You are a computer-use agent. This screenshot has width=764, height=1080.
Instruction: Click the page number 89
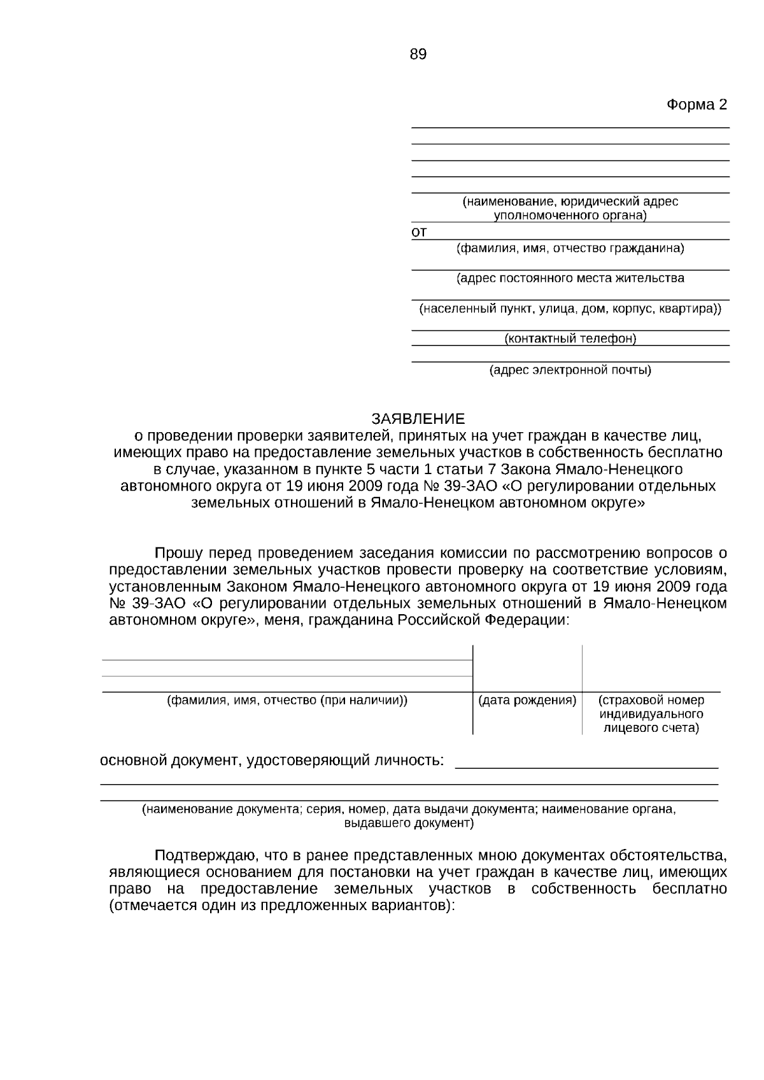tap(418, 55)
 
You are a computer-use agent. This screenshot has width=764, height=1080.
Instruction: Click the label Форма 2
tap(697, 104)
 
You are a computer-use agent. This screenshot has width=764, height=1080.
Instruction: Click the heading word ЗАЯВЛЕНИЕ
tap(418, 419)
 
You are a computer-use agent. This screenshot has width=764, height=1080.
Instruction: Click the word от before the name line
tap(419, 232)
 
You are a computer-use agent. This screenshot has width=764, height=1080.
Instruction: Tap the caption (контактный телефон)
tap(570, 339)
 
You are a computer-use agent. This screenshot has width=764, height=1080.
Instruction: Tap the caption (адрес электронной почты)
tap(570, 370)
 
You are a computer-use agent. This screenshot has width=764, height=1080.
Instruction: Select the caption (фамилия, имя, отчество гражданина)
tap(570, 248)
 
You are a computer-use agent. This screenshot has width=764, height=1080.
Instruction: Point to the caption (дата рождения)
tap(527, 701)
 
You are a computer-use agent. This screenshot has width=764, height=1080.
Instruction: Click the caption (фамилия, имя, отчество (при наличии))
tap(287, 701)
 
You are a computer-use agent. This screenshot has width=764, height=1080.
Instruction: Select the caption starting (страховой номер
tap(651, 714)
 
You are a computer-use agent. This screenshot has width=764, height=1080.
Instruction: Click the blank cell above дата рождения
tap(527, 668)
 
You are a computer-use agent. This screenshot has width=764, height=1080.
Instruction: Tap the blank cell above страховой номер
tap(651, 668)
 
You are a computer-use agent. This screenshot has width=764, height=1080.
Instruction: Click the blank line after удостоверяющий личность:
tap(586, 762)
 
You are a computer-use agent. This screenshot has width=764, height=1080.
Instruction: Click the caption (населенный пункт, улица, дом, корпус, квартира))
tap(570, 309)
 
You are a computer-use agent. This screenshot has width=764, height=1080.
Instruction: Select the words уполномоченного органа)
tap(570, 215)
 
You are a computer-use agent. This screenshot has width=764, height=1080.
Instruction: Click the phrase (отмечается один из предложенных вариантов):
tap(282, 905)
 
